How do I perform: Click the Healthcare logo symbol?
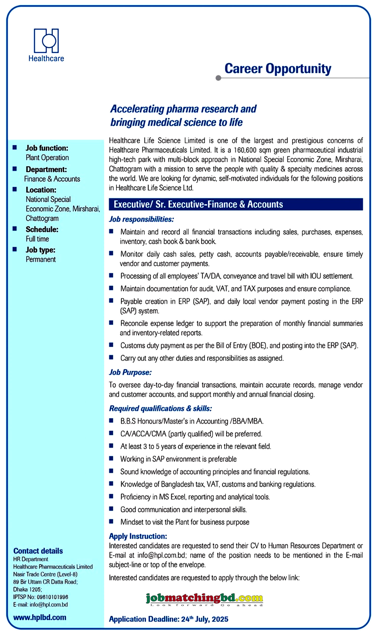(x=46, y=41)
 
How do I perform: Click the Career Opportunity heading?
(x=278, y=68)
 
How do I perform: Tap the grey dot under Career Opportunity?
(x=218, y=78)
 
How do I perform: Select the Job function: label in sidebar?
(x=47, y=148)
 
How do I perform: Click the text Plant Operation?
(x=47, y=158)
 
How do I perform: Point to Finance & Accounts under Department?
(x=52, y=179)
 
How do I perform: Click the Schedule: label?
(x=42, y=229)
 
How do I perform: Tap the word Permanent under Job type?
(x=41, y=259)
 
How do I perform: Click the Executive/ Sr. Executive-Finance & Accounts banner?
(x=236, y=204)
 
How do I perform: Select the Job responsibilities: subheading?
(x=141, y=219)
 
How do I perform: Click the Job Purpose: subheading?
(x=130, y=372)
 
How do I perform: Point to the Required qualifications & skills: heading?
(x=160, y=409)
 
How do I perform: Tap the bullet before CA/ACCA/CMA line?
(x=111, y=433)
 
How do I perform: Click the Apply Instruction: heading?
(x=138, y=536)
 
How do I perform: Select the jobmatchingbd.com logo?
(x=204, y=599)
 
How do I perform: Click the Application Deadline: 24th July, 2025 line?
(x=169, y=619)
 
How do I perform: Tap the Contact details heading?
(x=38, y=551)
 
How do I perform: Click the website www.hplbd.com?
(x=40, y=617)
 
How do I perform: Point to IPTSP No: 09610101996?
(x=41, y=597)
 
